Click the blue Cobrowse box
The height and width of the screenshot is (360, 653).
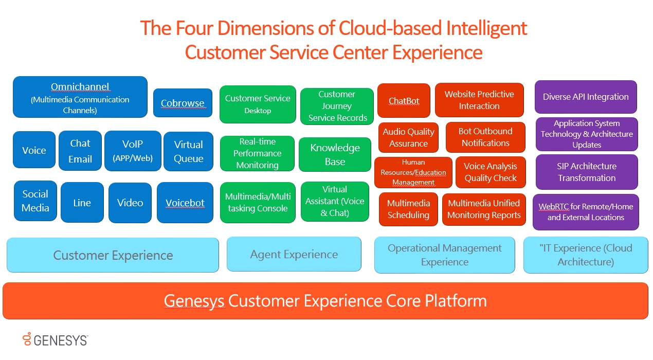183,103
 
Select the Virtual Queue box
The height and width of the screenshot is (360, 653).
188,151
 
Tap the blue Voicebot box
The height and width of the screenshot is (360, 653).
185,203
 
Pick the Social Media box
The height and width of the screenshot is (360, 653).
35,201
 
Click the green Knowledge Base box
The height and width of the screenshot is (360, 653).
335,154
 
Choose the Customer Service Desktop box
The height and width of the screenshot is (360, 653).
258,104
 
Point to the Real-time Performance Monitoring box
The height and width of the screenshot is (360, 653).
257,153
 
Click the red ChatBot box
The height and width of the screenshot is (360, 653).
404,101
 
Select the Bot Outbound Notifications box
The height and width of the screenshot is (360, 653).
485,137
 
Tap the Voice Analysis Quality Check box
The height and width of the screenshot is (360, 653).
491,172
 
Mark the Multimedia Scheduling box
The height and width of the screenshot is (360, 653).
408,209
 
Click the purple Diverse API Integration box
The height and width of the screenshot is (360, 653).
586,97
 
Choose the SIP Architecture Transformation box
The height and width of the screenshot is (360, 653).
587,172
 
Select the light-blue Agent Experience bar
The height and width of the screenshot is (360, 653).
294,254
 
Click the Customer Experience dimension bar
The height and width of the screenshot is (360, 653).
113,255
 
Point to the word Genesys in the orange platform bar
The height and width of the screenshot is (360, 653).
194,300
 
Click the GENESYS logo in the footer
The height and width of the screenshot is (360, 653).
55,339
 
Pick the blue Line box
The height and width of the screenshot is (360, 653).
82,203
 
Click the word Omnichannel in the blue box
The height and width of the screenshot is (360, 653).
80,86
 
